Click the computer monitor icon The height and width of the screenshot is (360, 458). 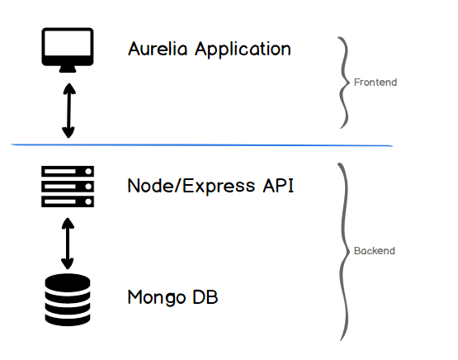(x=68, y=50)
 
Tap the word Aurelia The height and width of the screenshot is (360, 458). (x=158, y=49)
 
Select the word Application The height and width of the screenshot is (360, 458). (x=243, y=50)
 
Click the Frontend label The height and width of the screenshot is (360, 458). (x=375, y=83)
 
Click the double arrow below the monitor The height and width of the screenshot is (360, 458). (x=69, y=111)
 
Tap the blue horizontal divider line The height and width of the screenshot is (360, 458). (x=201, y=145)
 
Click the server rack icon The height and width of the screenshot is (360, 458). (x=68, y=187)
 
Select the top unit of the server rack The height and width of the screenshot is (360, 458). (x=68, y=171)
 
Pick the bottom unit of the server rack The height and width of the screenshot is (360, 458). (x=68, y=201)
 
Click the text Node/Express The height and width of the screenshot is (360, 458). (x=191, y=186)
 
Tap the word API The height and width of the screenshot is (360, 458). (x=278, y=186)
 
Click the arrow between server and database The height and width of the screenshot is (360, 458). (x=68, y=244)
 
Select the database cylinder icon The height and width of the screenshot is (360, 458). (x=68, y=300)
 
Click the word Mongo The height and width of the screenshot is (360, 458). (x=157, y=298)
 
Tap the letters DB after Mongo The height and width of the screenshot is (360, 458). (x=205, y=297)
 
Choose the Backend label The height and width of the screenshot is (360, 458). (x=375, y=251)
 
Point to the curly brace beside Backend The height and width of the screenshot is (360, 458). (x=345, y=251)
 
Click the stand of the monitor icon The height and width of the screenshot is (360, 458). (x=68, y=69)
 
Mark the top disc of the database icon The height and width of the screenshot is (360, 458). (x=68, y=282)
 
